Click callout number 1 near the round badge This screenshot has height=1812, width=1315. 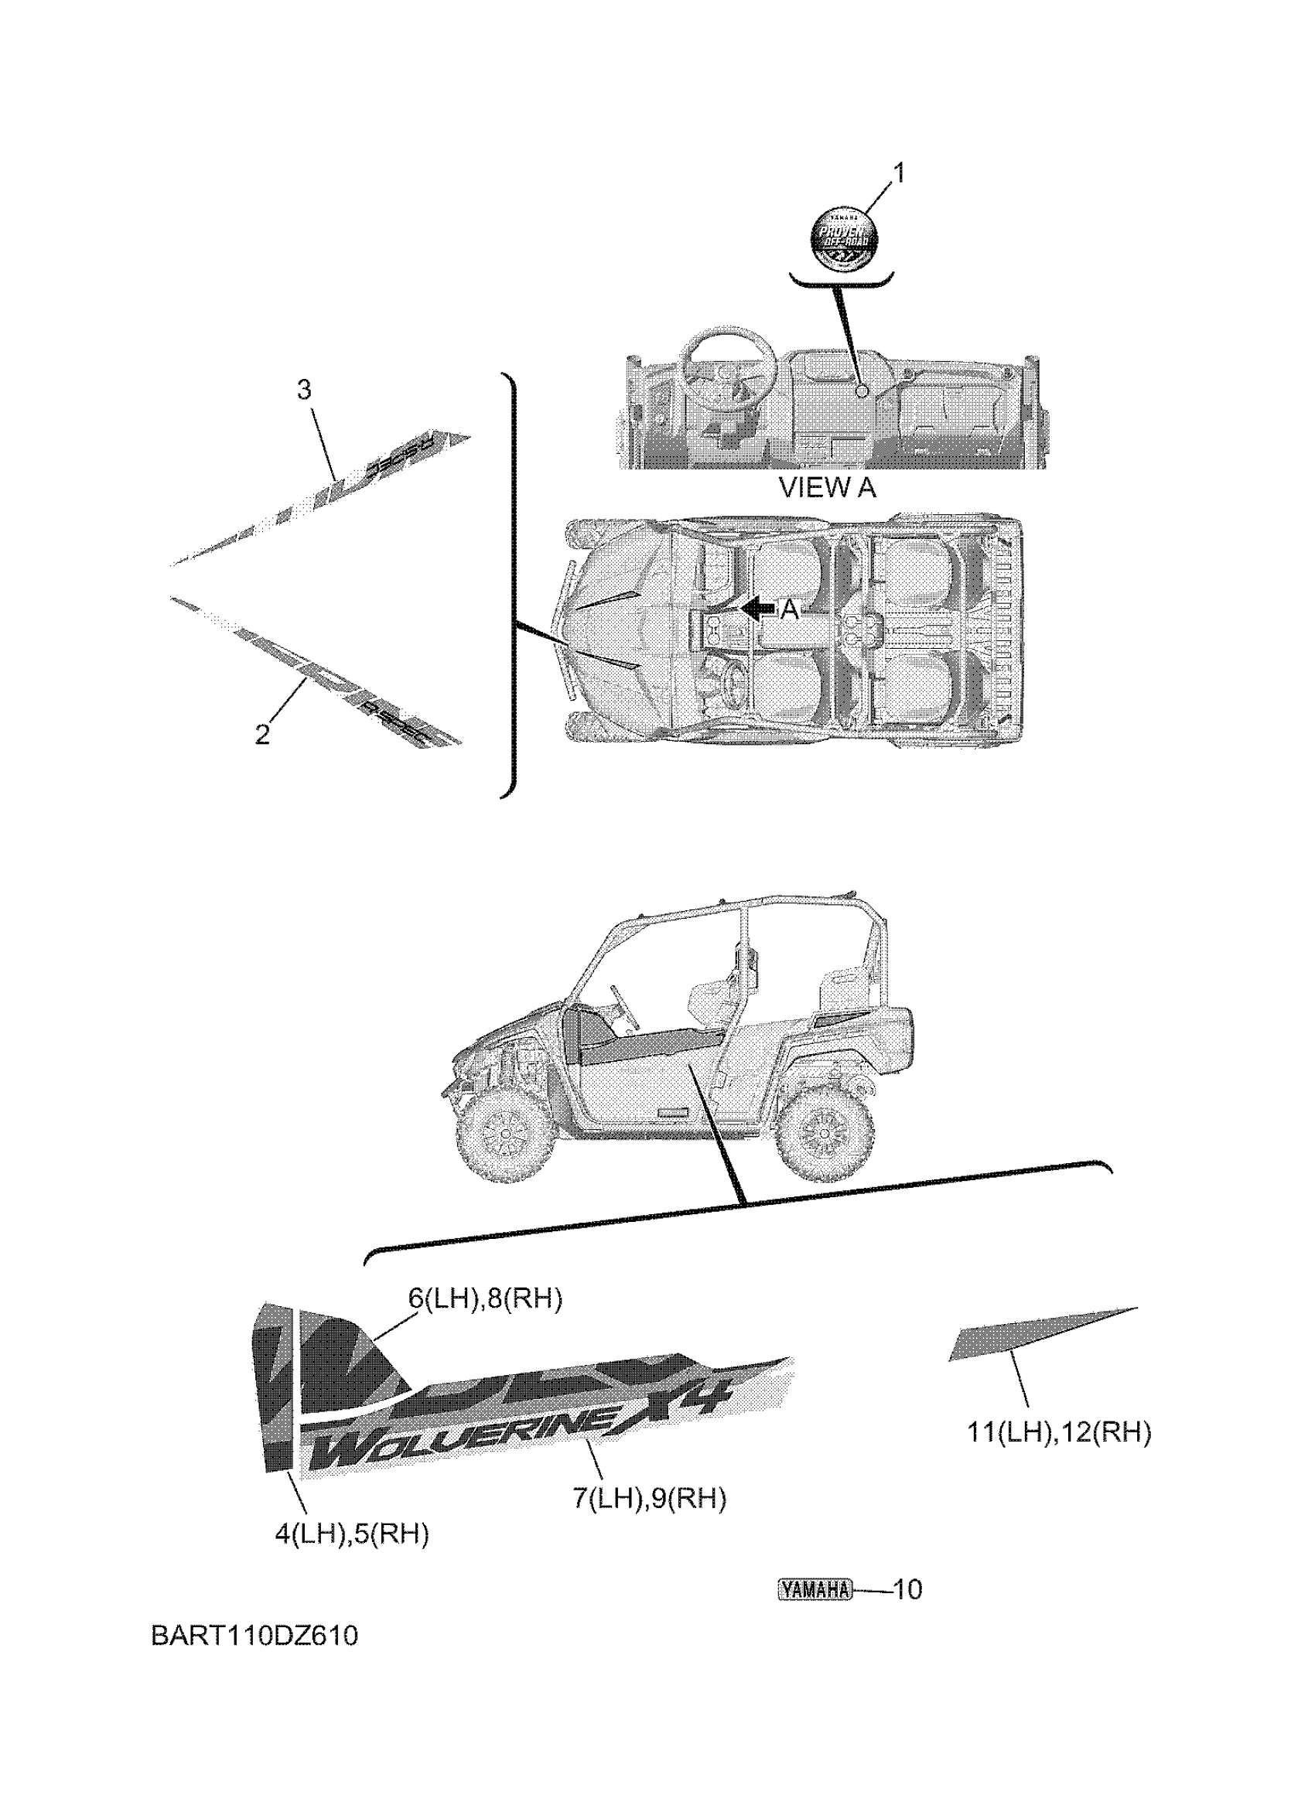coord(898,172)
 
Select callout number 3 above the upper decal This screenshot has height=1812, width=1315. coord(303,390)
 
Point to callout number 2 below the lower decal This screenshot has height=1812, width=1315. coord(263,734)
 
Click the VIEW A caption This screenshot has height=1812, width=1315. coord(827,487)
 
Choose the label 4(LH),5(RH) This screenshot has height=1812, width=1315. coord(351,1534)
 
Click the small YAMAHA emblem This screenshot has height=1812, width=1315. coord(815,1590)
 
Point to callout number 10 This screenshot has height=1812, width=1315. coord(906,1590)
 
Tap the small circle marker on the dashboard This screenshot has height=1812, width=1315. coord(862,391)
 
